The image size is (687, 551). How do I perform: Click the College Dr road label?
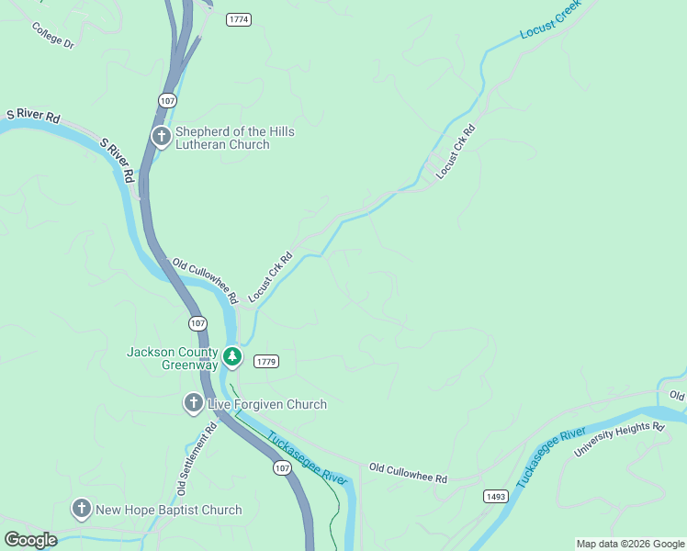tap(51, 36)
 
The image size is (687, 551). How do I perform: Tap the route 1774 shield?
tap(238, 18)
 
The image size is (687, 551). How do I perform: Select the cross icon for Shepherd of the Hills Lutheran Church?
tap(161, 138)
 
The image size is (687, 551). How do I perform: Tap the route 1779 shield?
tap(266, 361)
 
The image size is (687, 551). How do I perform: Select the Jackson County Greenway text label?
tap(173, 358)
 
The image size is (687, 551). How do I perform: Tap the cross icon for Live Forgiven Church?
tap(193, 403)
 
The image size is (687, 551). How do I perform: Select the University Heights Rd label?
tap(618, 440)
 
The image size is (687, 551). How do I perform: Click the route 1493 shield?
tap(495, 496)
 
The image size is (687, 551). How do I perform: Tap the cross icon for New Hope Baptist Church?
tap(81, 510)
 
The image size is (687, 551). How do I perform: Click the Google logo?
tap(30, 540)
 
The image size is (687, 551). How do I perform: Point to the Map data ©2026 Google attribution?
tap(630, 544)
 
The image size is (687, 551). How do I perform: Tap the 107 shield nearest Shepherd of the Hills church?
tap(167, 99)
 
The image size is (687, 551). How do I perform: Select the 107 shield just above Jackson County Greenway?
tap(197, 323)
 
